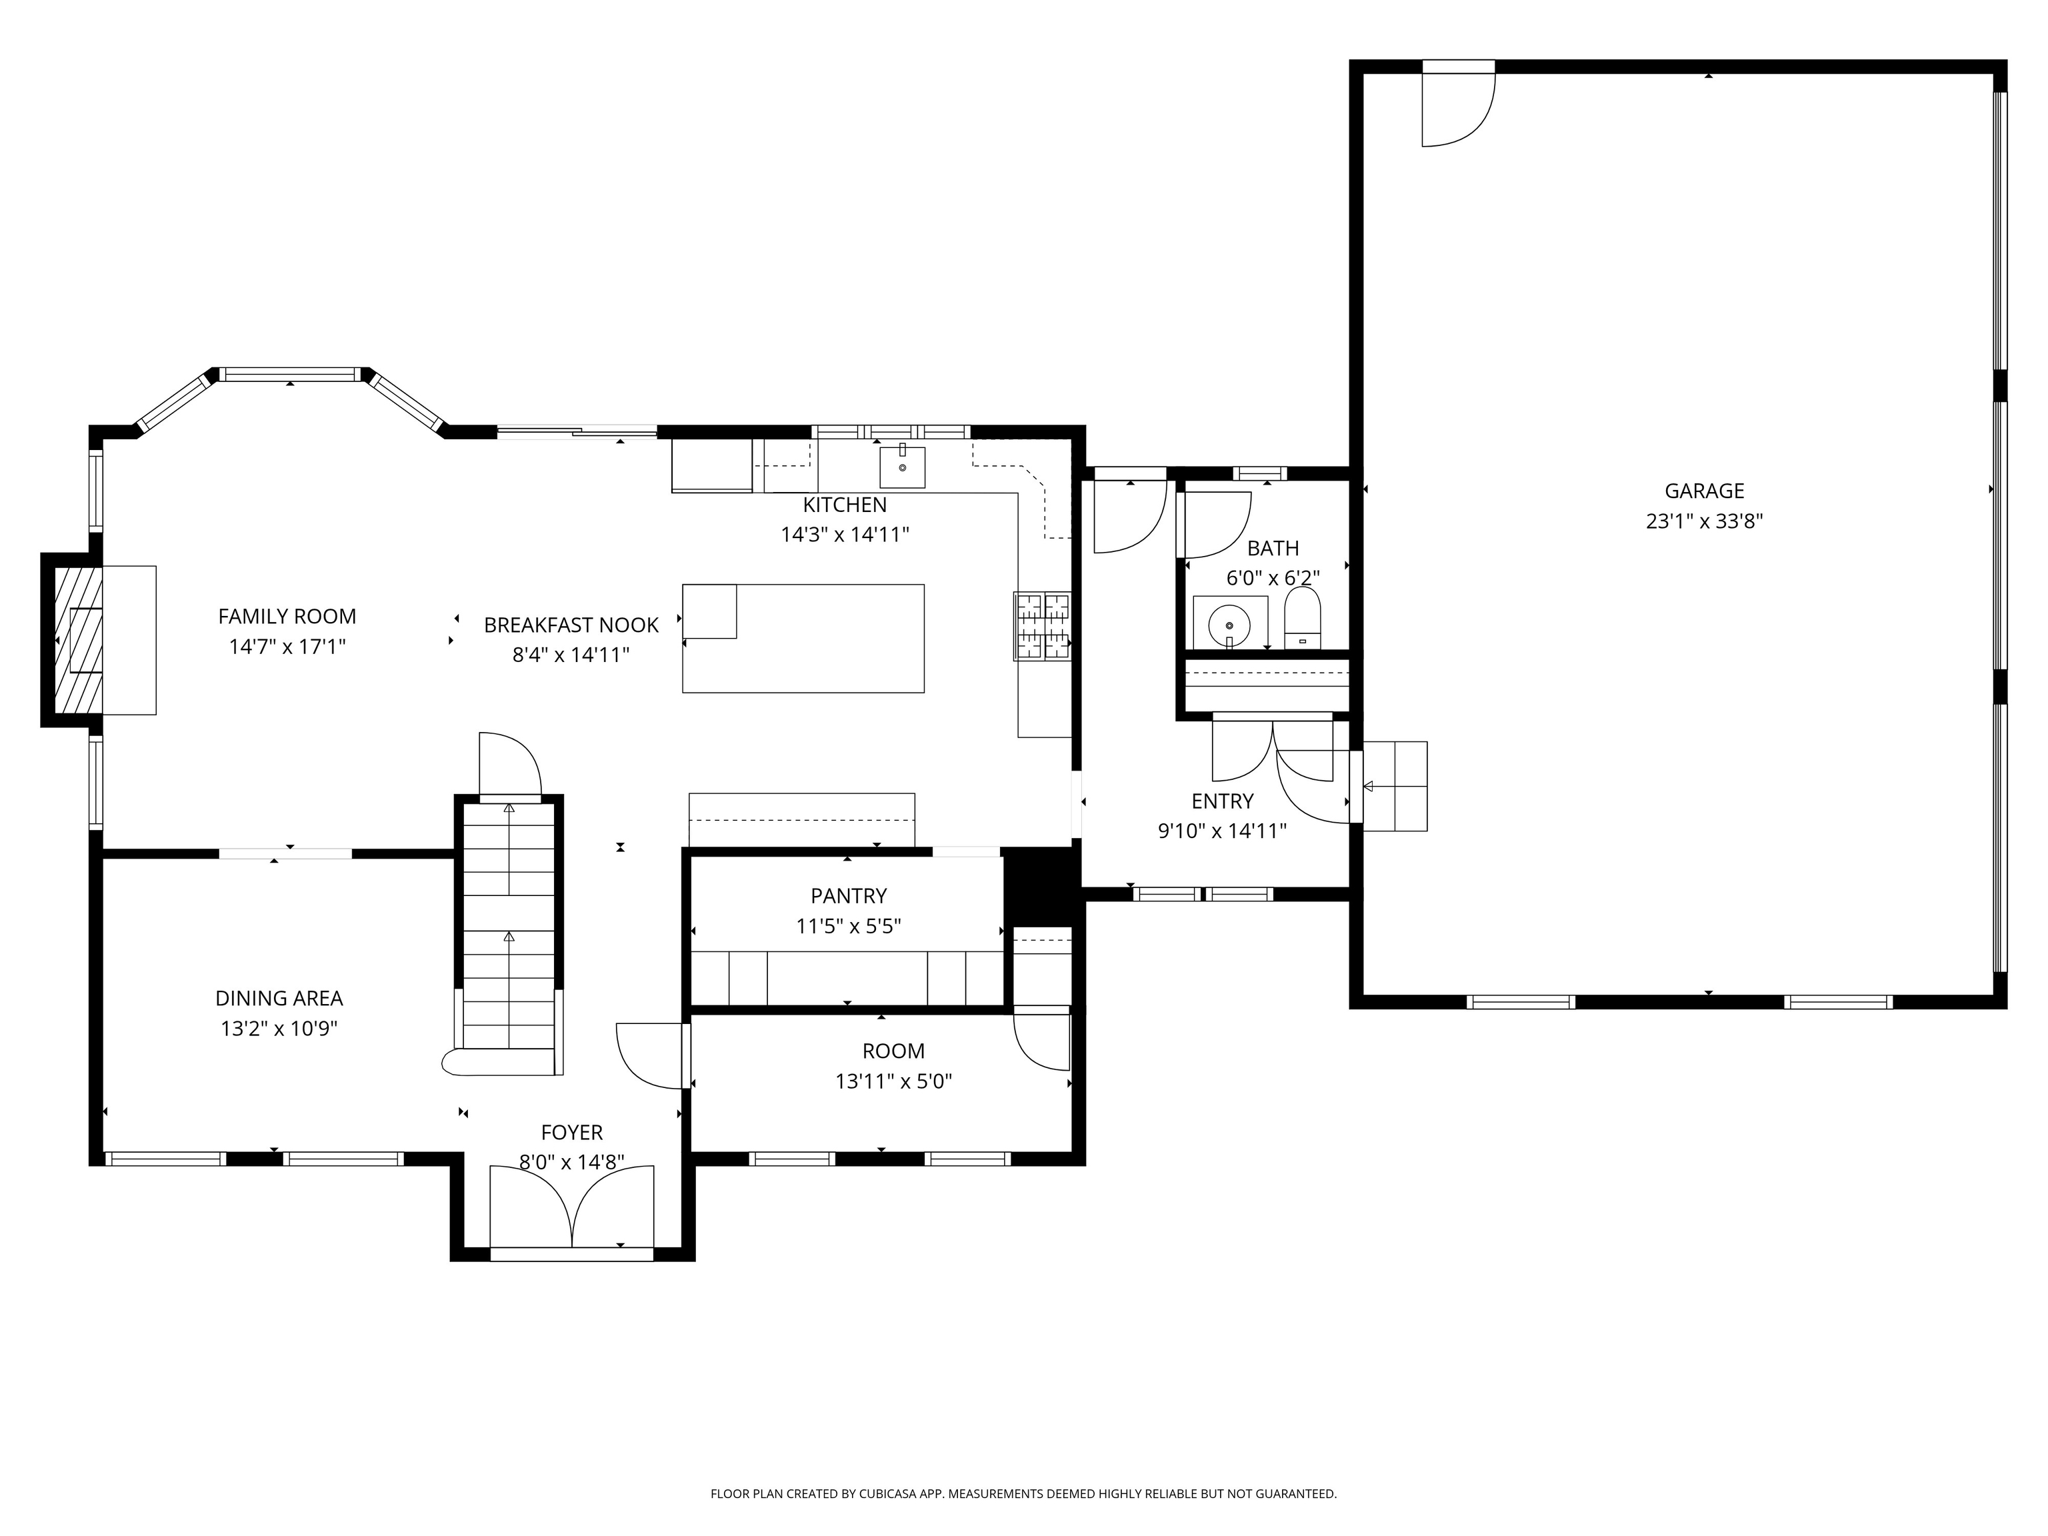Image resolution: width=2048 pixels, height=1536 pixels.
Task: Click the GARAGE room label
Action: [1703, 491]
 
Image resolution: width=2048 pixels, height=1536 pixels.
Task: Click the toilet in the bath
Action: [1303, 620]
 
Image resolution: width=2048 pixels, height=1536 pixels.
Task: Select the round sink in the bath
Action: [1229, 626]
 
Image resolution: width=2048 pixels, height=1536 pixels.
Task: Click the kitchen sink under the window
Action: [902, 467]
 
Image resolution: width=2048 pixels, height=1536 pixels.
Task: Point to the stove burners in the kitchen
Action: [1043, 626]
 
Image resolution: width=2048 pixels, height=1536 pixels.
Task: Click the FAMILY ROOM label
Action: [287, 617]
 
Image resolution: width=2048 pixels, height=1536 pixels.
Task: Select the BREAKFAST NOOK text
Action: [571, 625]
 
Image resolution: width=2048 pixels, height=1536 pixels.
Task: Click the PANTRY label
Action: [848, 895]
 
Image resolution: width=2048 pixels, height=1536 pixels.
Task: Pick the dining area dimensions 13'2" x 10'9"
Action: [279, 1029]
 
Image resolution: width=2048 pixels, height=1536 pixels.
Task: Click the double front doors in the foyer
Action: [571, 1208]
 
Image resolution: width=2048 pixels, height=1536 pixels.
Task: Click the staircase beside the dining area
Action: [508, 926]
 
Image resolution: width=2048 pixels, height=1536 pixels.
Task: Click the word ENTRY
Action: [1222, 801]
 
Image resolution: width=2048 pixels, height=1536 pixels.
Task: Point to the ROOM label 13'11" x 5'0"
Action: [893, 1065]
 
